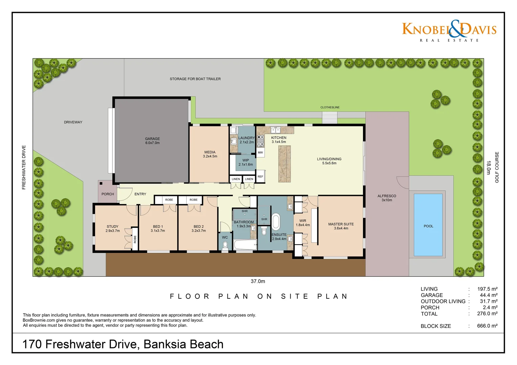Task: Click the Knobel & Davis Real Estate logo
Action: click(449, 31)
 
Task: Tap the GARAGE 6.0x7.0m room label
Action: click(152, 141)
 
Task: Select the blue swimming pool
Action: click(428, 225)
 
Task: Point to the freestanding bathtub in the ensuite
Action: click(276, 222)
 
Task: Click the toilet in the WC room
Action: click(225, 245)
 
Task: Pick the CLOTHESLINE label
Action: click(330, 107)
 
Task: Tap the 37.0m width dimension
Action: click(258, 281)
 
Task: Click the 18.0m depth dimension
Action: click(489, 168)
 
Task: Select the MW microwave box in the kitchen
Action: click(260, 153)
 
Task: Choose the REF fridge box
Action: click(260, 176)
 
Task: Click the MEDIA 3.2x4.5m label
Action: click(210, 154)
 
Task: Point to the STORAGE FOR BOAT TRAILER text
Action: click(195, 79)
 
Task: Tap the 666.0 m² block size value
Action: click(487, 326)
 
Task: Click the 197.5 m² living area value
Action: click(487, 289)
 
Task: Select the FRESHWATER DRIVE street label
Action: click(24, 167)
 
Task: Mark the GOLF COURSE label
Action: click(497, 167)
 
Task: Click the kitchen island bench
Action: click(285, 164)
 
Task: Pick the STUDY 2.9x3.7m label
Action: click(113, 228)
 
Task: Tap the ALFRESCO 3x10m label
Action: click(387, 198)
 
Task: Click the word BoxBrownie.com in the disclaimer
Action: click(39, 320)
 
